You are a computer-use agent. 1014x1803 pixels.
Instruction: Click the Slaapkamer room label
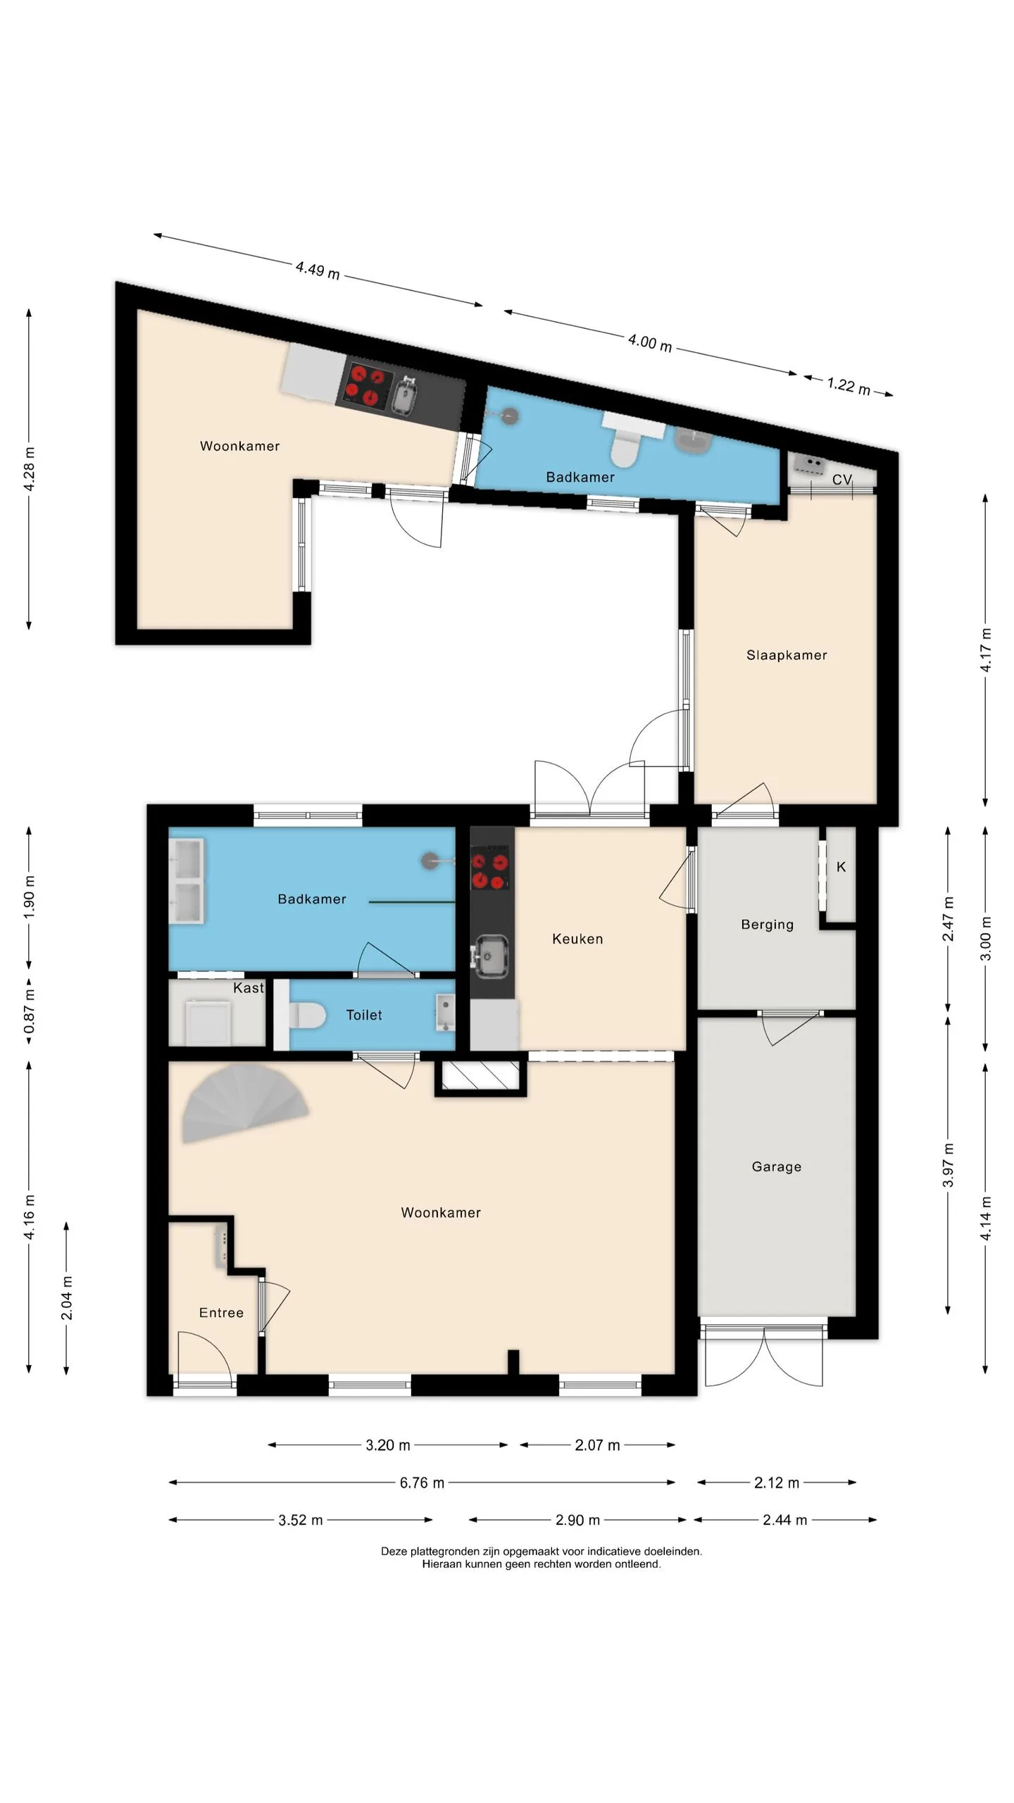coord(787,655)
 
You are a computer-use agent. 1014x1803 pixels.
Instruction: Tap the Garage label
coord(777,1166)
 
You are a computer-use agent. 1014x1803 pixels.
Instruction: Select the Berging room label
coord(767,925)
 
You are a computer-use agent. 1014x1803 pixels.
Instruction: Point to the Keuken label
coord(577,939)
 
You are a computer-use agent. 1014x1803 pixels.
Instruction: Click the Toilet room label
coord(364,1015)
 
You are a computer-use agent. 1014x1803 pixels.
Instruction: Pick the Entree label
coord(221,1313)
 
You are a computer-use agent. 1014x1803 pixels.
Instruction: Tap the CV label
coord(842,480)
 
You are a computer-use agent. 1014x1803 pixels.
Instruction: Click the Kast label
coord(249,988)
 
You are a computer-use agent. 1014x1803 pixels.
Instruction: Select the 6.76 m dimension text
coord(422,1483)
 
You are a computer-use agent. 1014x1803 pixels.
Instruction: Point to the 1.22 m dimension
coord(849,386)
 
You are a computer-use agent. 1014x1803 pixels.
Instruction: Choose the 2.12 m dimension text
coord(777,1483)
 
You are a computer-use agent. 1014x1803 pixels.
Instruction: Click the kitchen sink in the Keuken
coord(491,956)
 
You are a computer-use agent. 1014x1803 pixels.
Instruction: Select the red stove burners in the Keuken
coord(490,870)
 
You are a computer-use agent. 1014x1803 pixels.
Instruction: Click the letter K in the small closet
coord(841,867)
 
